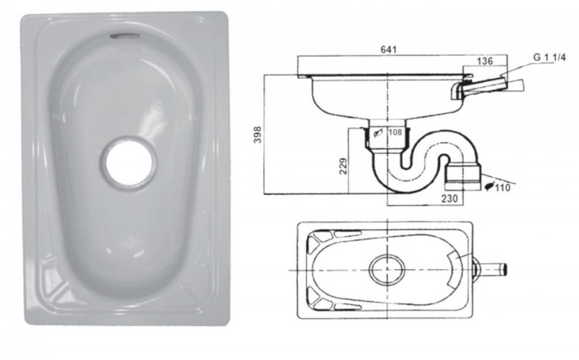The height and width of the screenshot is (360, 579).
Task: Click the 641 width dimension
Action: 388,49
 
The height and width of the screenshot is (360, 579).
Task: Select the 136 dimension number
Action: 484,61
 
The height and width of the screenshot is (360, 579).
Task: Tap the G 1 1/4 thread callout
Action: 549,57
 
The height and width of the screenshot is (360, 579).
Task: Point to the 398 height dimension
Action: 258,135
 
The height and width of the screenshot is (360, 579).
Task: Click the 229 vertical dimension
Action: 343,166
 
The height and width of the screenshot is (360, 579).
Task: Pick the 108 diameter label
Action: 395,132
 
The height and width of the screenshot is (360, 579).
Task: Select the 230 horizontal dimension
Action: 449,198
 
